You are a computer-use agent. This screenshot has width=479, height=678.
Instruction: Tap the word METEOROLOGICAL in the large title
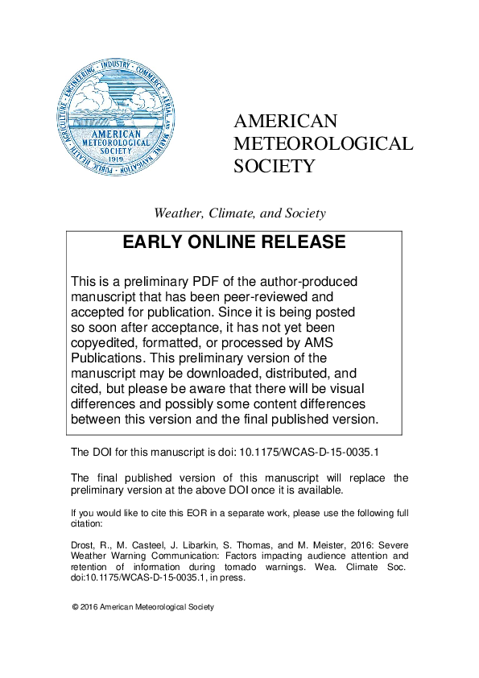[323, 143]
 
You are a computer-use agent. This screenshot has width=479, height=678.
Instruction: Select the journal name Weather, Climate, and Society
[240, 213]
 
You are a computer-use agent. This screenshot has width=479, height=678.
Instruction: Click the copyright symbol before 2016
[75, 607]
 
